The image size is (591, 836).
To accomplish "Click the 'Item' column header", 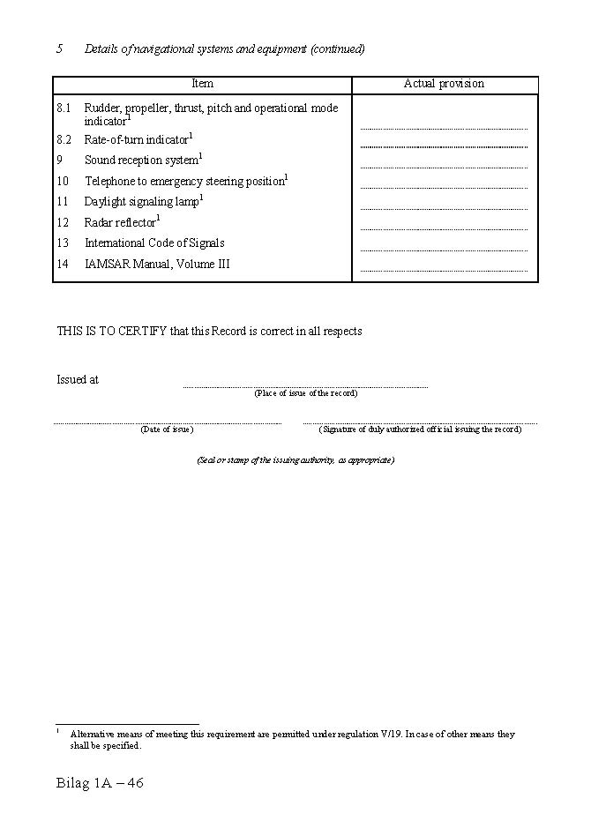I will point(202,84).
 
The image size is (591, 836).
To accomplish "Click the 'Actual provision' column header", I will point(444,84).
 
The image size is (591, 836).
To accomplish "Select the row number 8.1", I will point(64,108).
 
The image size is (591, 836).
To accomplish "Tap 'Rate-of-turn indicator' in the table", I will point(136,140).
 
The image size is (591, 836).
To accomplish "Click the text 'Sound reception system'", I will point(141,160).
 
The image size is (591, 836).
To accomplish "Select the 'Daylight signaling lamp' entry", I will point(141,202).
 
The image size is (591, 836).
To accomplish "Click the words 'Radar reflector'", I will point(120,223).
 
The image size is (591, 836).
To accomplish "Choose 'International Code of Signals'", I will point(154,243).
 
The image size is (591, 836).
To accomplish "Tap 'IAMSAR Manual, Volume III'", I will point(157,265).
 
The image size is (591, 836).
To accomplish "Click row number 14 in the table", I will point(63,265).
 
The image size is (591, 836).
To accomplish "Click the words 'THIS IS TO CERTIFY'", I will point(111,332).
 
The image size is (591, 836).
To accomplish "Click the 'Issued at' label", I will point(78,380).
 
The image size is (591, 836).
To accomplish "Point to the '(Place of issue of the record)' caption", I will point(306,393).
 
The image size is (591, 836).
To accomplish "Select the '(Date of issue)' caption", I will point(167,429).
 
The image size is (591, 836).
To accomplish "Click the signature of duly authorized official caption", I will point(420,429).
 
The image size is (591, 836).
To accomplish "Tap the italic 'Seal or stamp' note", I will point(295,460).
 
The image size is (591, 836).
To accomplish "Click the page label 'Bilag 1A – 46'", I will point(100,783).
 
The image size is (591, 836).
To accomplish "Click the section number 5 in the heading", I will point(60,49).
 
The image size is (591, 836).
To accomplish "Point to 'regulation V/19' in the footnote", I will point(362,735).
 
